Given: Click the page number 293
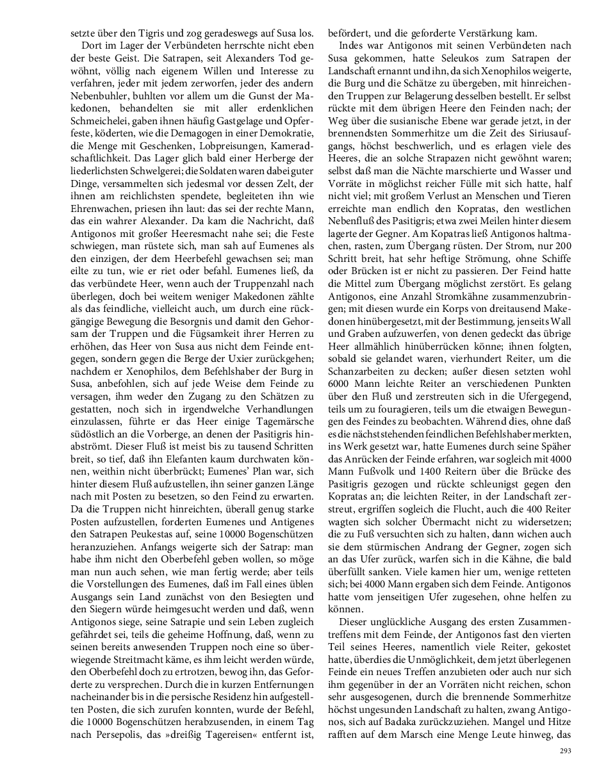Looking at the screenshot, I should pos(564,751).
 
